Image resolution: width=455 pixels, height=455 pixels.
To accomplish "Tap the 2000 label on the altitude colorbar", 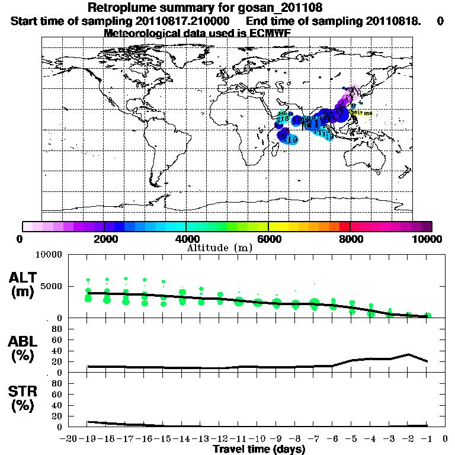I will click(104, 239).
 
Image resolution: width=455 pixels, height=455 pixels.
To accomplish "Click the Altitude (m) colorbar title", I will click(219, 247).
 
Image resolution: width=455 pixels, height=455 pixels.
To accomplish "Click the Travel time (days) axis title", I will click(259, 450).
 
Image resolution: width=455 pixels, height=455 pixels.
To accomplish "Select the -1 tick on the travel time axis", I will click(427, 439).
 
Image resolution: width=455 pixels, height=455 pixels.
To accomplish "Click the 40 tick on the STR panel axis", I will click(57, 405).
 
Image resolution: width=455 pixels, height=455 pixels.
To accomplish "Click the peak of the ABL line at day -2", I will click(409, 354).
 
